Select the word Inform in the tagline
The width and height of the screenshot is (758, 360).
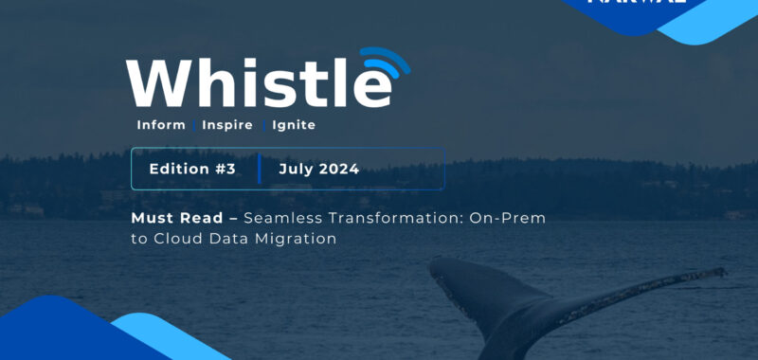(x=161, y=125)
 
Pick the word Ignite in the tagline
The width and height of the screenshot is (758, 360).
(x=294, y=125)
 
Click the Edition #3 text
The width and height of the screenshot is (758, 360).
(x=191, y=170)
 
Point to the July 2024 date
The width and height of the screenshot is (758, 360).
(x=319, y=170)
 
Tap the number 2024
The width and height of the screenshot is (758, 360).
(x=338, y=170)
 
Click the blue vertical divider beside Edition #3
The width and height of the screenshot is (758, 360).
(x=259, y=170)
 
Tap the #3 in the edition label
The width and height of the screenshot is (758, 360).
(x=225, y=170)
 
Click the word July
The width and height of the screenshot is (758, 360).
(x=296, y=170)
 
